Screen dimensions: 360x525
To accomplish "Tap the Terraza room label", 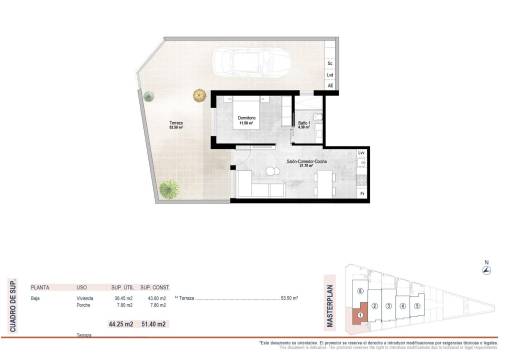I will click(x=175, y=124).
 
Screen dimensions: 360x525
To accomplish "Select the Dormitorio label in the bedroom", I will click(x=246, y=120).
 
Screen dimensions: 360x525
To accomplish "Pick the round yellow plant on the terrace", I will click(x=199, y=96).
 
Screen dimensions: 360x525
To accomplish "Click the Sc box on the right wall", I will click(x=331, y=65).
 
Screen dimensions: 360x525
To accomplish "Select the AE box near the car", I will click(x=331, y=86).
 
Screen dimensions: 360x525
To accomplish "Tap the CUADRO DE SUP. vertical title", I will click(x=13, y=305).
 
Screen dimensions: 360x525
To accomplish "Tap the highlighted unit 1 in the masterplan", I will click(x=361, y=314).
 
